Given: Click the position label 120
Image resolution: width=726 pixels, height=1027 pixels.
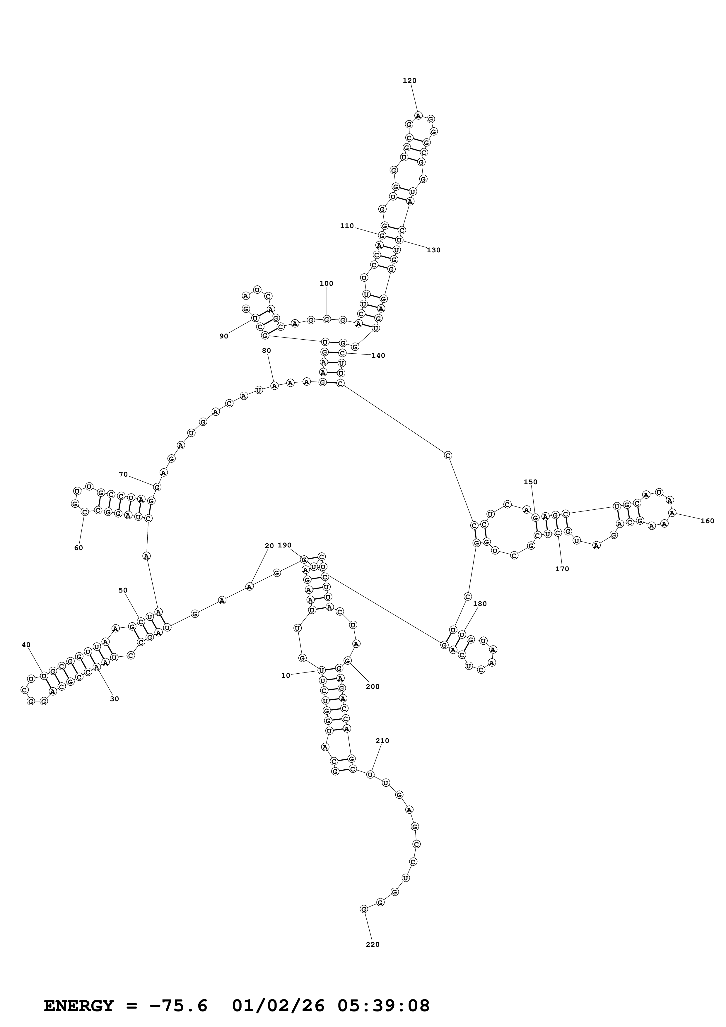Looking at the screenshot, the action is click(409, 81).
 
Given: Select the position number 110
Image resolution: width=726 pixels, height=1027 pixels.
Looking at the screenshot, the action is click(347, 226).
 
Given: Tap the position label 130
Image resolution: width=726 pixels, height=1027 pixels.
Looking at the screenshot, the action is click(433, 250).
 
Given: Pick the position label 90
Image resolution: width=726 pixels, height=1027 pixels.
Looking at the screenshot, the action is click(224, 336).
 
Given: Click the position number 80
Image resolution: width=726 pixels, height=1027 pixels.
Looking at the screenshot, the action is click(266, 351).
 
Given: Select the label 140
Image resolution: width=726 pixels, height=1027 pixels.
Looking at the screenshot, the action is click(378, 356).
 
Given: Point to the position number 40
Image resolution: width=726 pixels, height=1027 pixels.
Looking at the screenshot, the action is click(26, 645).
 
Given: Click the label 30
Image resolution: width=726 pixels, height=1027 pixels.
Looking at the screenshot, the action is click(115, 699).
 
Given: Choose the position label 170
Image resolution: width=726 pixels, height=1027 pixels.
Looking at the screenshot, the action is click(562, 569).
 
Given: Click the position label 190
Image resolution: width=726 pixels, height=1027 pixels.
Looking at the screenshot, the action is click(284, 545).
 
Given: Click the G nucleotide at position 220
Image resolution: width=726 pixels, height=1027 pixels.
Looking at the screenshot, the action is click(364, 909).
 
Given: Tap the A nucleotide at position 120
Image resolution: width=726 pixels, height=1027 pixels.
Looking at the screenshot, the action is click(418, 115).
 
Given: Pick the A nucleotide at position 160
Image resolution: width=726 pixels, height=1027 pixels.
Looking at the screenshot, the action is click(672, 513).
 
